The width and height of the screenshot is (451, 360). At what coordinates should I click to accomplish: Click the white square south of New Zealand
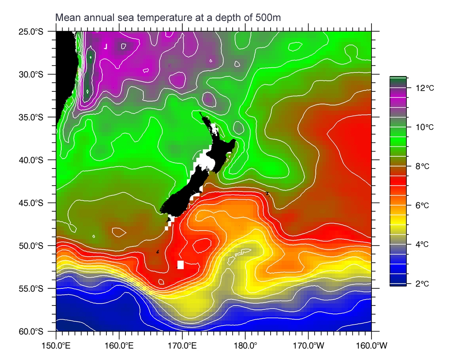point(181,265)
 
